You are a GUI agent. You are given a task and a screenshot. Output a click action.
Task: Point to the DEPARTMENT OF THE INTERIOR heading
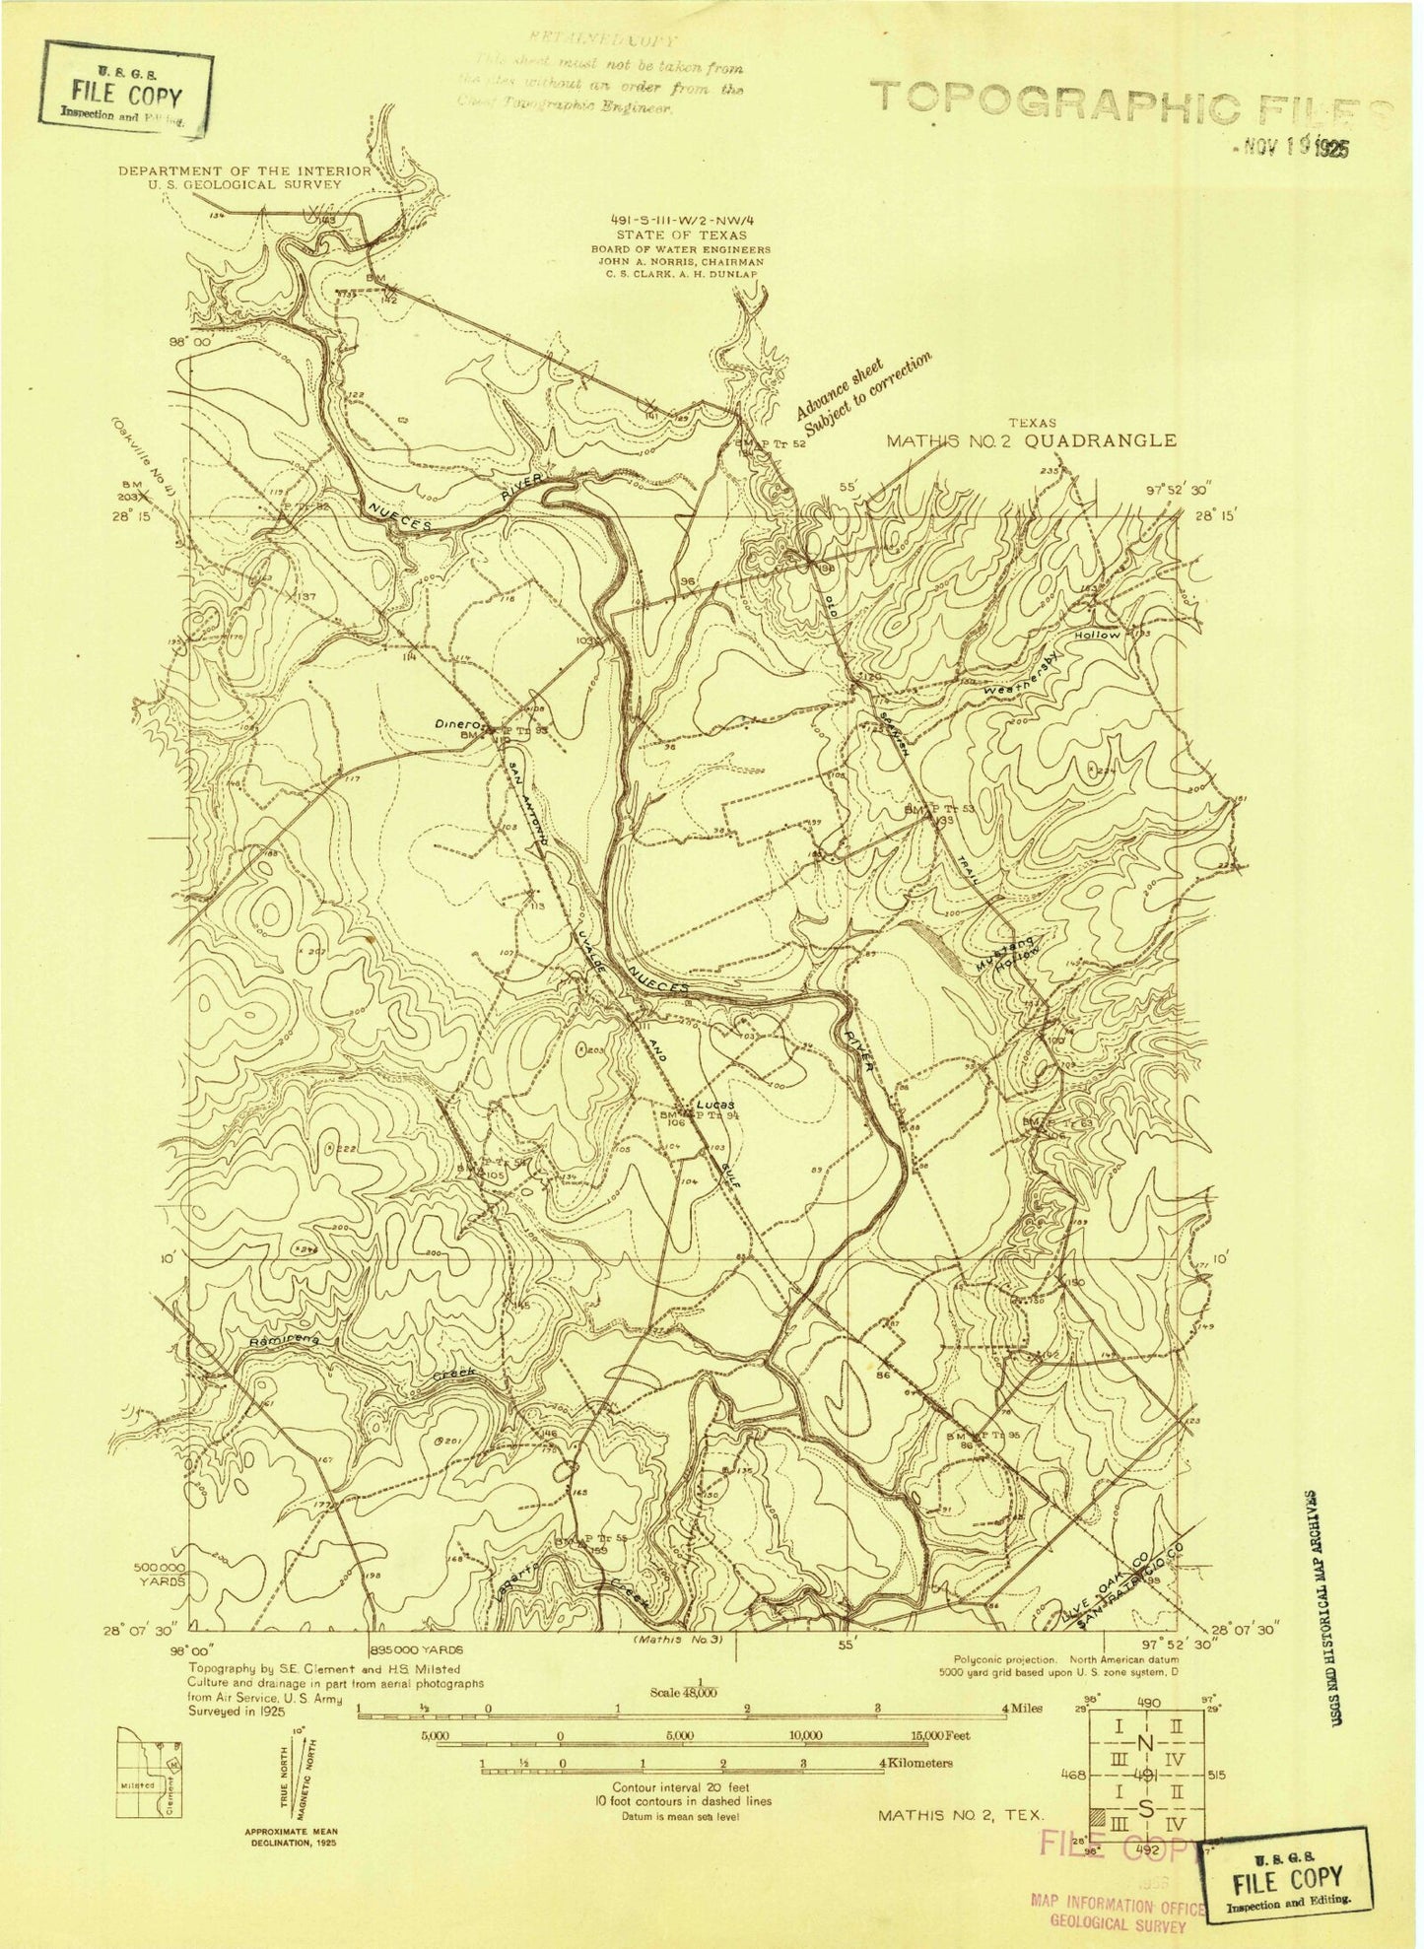[x=244, y=170]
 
